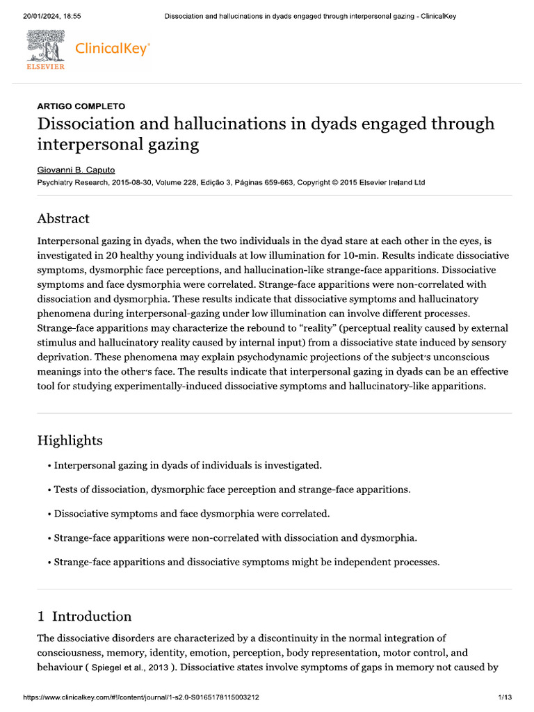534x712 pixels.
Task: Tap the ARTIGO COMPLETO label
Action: [x=81, y=106]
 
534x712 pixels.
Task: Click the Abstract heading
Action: [x=63, y=218]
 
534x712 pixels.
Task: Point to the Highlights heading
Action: [x=70, y=440]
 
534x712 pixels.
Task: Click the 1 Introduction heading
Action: [x=84, y=616]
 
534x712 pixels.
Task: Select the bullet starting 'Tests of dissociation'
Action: [x=232, y=489]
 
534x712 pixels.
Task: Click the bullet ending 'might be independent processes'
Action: [x=247, y=562]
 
